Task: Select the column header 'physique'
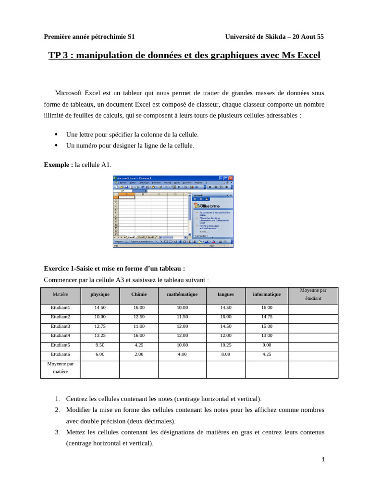click(x=100, y=294)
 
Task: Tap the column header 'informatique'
click(x=267, y=294)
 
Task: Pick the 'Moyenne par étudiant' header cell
click(x=313, y=294)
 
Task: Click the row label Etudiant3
click(x=61, y=326)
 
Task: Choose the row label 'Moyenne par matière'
click(x=61, y=368)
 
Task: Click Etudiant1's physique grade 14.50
click(x=100, y=307)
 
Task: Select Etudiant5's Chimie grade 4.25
click(x=139, y=345)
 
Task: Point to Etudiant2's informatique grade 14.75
click(x=267, y=317)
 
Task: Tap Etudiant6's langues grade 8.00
click(x=225, y=354)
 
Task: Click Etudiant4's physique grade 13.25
click(x=100, y=335)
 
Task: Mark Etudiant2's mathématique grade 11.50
click(x=182, y=317)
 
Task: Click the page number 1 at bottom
click(x=323, y=459)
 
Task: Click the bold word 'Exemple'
click(x=58, y=165)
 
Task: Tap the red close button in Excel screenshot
click(x=231, y=178)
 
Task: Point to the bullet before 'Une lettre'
click(x=56, y=134)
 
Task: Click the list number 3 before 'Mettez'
click(x=57, y=432)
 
